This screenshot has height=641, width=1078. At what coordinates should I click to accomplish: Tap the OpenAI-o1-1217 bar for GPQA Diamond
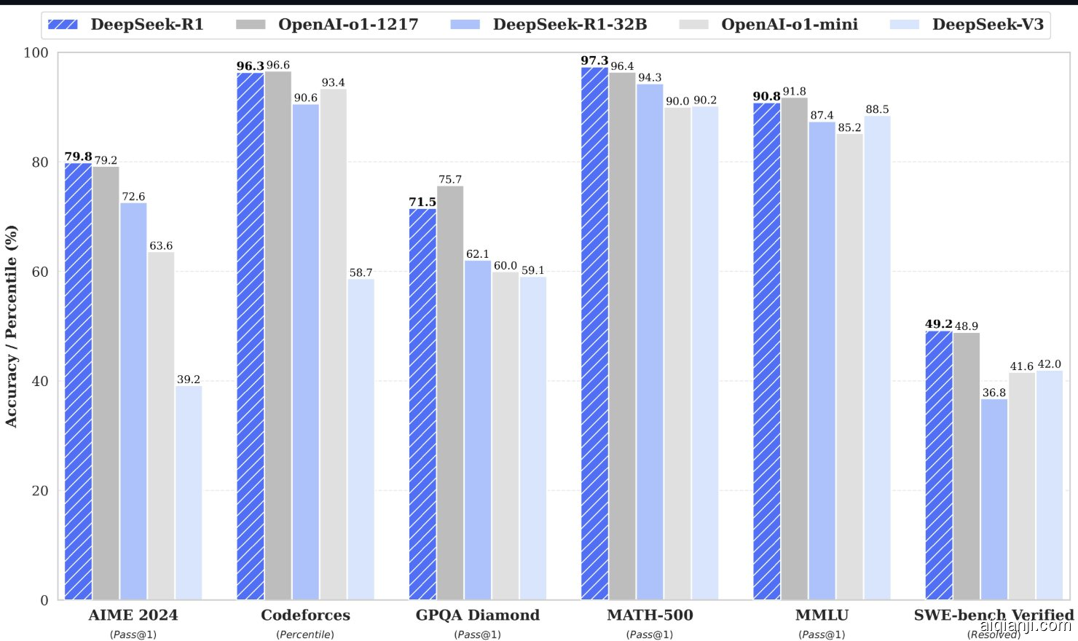point(450,393)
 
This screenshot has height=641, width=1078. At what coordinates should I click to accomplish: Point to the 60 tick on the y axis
point(40,272)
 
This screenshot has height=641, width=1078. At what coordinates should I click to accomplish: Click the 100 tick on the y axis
point(36,52)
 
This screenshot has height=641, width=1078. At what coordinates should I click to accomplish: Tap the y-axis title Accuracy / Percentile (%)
point(12,326)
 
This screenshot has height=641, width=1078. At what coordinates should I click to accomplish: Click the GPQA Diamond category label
point(478,616)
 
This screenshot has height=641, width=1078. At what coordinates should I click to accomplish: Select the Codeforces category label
point(305,616)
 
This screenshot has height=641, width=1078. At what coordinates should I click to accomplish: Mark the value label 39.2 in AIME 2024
point(189,380)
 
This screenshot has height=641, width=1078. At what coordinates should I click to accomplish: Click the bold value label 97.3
point(594,60)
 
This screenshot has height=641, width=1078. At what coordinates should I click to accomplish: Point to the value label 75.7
point(450,179)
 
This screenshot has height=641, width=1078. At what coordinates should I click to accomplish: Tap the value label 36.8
point(994,393)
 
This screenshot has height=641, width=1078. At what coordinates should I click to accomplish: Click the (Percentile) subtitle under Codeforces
point(305,634)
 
